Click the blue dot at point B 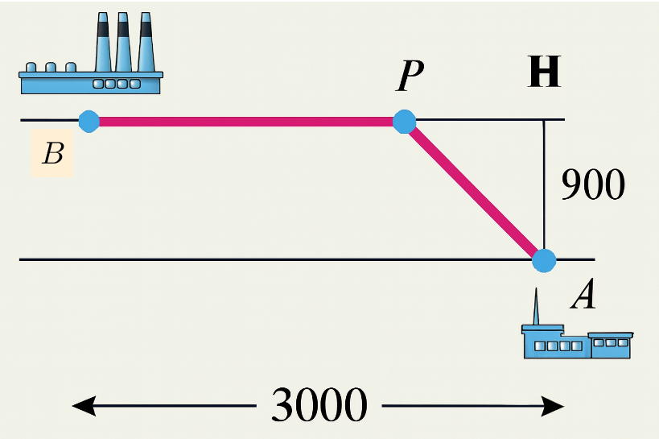[89, 122]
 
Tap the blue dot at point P [404, 122]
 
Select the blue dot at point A [544, 260]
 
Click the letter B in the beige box [53, 153]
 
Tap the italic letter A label [583, 296]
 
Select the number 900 [592, 186]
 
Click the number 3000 [319, 405]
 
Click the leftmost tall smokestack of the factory [104, 44]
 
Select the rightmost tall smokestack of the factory [146, 44]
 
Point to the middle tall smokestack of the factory [124, 44]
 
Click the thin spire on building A [533, 306]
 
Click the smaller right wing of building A [612, 346]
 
